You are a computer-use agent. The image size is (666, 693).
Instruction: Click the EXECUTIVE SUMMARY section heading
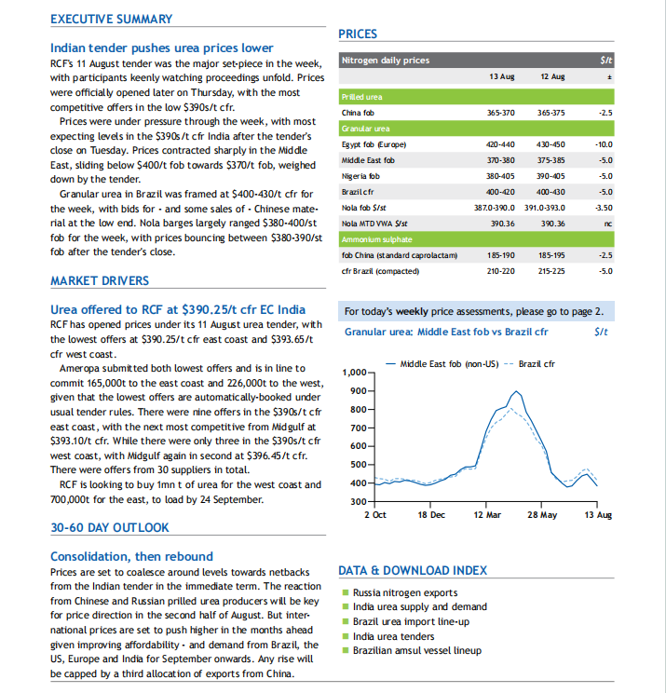coord(112,19)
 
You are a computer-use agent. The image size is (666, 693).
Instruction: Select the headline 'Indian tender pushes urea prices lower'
coord(162,48)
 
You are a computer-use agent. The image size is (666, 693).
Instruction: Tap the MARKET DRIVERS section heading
coord(100,280)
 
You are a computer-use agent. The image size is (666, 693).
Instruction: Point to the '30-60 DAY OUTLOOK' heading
coord(110,527)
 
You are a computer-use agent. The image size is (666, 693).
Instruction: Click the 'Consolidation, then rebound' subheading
coord(131,556)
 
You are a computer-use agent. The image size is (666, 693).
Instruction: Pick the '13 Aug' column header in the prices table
coord(502,76)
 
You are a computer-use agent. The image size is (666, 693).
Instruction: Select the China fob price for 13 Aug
coord(501,113)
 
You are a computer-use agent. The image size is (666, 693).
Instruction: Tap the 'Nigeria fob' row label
coord(360,176)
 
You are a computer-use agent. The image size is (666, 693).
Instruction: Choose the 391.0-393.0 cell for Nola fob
coord(545,208)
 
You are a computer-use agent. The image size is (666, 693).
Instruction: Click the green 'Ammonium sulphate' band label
coord(377,239)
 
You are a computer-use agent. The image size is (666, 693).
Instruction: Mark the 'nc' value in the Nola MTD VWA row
coord(608,224)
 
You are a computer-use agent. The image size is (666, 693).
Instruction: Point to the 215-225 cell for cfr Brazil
coord(551,271)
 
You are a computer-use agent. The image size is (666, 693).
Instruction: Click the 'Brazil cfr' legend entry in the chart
coord(537,364)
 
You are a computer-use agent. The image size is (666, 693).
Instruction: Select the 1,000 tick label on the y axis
coord(355,373)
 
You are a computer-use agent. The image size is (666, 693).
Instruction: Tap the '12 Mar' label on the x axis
coord(487,515)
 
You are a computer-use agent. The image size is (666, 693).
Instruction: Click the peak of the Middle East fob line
coord(516,391)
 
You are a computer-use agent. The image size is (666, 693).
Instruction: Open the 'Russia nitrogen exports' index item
coord(405,592)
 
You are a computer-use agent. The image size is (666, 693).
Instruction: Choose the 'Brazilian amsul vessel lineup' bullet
coord(416,650)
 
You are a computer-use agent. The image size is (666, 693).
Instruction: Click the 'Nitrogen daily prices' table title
coord(386,61)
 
